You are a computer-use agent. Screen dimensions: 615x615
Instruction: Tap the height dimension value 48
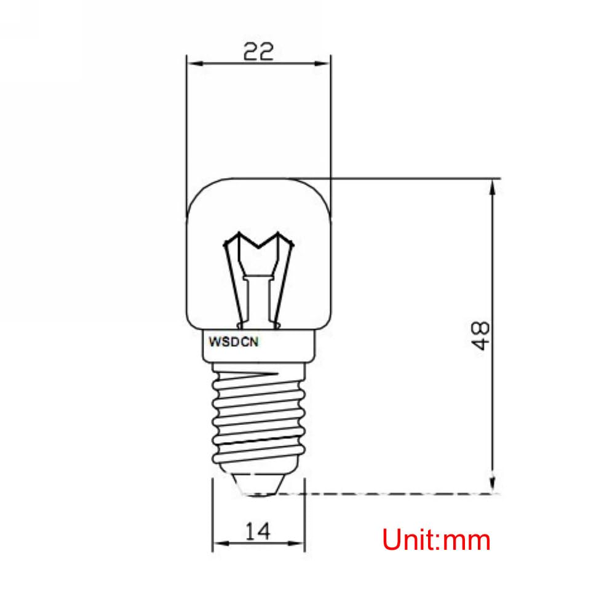point(482,335)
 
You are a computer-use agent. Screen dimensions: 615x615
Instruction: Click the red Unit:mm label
point(436,541)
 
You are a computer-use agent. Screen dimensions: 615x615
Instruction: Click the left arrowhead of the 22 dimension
point(191,63)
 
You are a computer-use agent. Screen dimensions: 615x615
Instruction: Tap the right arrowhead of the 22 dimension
point(325,63)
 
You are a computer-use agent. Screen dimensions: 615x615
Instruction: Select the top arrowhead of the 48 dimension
point(493,186)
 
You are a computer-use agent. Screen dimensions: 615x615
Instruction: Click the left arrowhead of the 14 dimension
point(218,544)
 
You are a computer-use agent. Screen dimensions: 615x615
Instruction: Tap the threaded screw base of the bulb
point(258,418)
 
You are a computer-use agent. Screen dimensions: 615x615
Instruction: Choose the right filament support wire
point(285,283)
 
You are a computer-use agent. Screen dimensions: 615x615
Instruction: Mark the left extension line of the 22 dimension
point(186,123)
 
